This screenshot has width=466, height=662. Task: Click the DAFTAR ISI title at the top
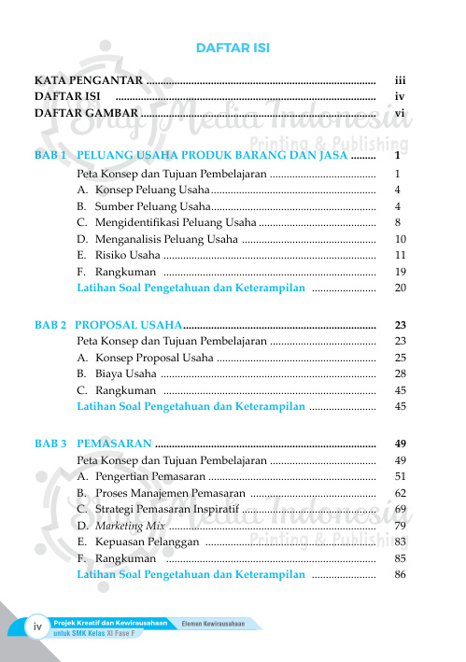coord(233,49)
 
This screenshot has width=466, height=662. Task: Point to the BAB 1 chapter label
coord(50,156)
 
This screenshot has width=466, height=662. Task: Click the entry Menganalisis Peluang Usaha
coord(157,239)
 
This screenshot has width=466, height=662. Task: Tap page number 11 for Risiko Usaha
coord(399,255)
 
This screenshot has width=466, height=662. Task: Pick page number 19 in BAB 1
coord(399,272)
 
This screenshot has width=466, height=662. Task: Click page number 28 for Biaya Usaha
coord(400,374)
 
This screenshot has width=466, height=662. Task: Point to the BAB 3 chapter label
coord(50,444)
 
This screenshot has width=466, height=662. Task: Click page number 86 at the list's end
coord(400,575)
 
